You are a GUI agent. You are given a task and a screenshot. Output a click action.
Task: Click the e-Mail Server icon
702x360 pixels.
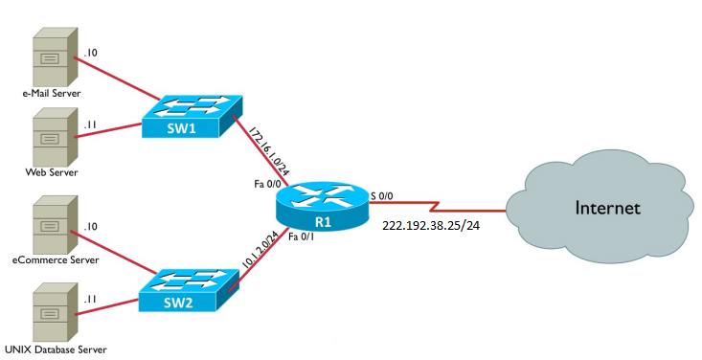[x=51, y=56]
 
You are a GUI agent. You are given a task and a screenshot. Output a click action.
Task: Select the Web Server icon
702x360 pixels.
[x=51, y=135]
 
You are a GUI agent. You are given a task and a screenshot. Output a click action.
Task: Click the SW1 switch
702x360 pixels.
[x=187, y=115]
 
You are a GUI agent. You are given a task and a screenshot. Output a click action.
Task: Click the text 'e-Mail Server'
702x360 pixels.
[x=52, y=94]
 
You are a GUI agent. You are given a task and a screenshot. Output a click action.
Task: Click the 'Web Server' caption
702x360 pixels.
[x=51, y=172]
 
